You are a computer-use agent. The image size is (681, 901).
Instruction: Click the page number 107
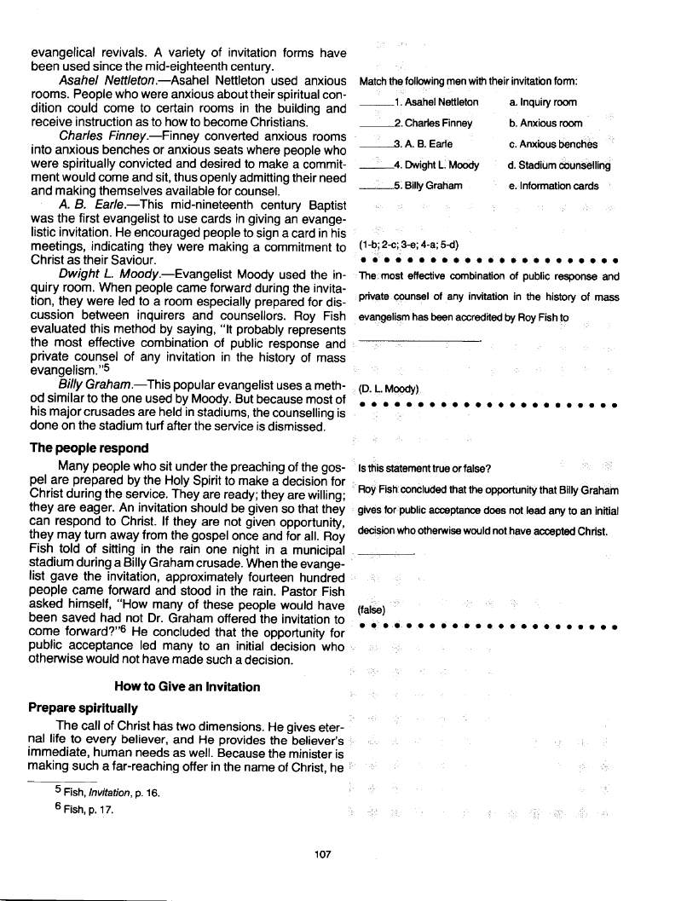321,854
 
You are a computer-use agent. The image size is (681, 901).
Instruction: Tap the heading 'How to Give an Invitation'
187,687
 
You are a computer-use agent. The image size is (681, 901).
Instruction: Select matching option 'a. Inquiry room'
542,102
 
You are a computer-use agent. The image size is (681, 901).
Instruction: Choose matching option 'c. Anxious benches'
552,144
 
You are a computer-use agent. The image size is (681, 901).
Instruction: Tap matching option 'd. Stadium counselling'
558,165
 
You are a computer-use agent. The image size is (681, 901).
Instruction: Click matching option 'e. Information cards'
553,186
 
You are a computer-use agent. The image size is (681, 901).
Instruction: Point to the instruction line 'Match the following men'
469,81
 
